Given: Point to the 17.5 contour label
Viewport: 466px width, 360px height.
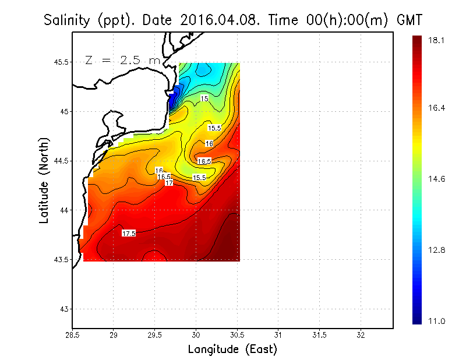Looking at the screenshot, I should point(129,233).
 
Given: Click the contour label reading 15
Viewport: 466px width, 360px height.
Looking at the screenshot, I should point(204,98).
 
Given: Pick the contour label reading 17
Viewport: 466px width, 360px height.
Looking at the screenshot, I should point(169,183).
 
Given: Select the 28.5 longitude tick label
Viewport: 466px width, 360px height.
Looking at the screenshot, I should point(72,335).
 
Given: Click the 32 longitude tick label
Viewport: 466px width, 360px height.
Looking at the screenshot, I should point(361,335).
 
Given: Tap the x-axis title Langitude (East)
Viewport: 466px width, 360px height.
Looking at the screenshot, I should point(232,349).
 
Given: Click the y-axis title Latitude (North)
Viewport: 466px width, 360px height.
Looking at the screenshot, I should point(44,180).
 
